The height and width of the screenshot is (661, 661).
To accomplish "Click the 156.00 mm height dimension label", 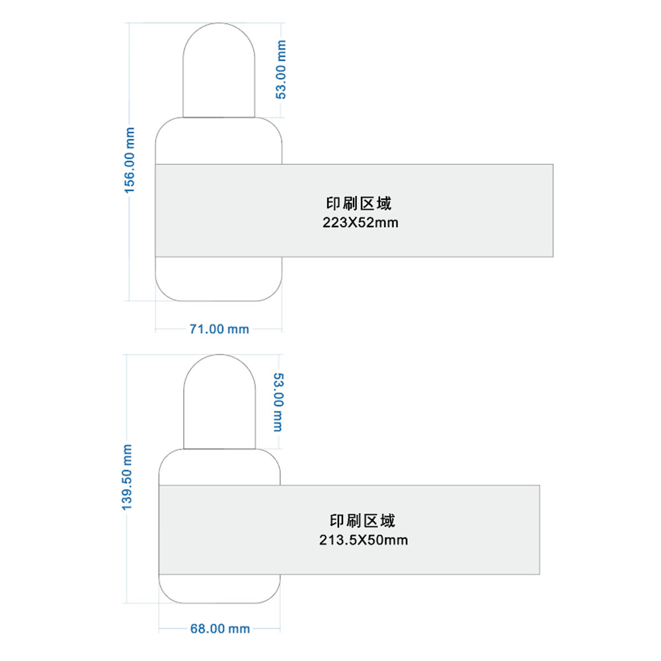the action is [130, 161].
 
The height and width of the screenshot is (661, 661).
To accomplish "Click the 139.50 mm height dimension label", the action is [127, 477].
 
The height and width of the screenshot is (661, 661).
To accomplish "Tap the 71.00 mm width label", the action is [219, 329].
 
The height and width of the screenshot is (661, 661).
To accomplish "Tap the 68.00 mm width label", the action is [220, 629].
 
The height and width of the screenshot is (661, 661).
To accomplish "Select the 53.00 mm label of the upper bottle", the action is [281, 69].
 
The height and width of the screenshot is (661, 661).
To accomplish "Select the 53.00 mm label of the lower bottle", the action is [279, 402].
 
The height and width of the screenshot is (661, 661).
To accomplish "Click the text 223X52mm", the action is [360, 223].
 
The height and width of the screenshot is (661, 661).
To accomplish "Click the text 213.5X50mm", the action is [364, 540].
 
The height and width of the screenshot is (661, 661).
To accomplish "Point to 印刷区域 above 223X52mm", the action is [359, 204].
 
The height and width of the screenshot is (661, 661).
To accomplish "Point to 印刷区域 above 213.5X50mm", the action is [362, 521].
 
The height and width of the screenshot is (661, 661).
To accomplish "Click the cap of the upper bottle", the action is [219, 70].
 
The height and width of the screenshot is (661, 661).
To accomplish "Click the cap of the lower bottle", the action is [219, 402].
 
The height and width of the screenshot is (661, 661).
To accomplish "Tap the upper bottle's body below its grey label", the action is [219, 279].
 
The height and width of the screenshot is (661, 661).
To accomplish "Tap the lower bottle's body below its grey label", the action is [219, 589].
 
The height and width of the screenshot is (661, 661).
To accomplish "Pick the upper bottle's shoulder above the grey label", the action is [219, 141].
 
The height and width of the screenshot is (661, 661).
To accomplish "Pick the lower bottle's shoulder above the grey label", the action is [219, 467].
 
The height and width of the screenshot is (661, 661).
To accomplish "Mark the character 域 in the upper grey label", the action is [385, 204].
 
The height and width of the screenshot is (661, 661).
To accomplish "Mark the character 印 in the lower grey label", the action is [337, 521].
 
